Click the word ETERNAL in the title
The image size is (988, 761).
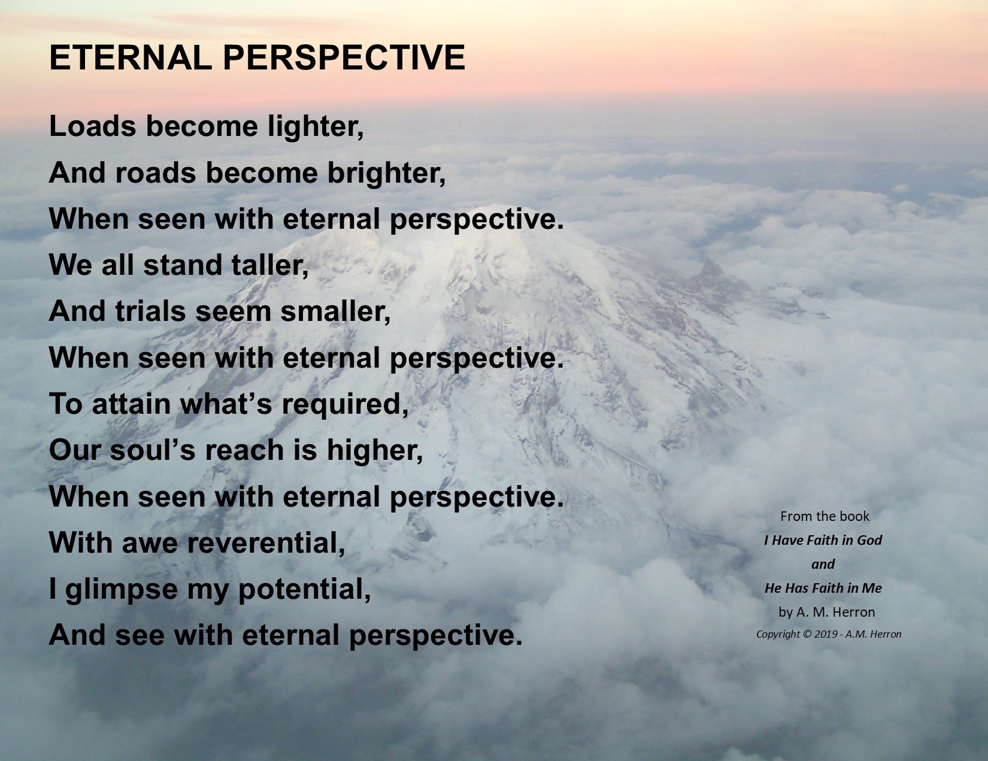[x=131, y=57]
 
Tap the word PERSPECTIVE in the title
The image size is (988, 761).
[x=344, y=57]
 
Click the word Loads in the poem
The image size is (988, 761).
[x=92, y=126]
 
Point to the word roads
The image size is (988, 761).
[x=156, y=173]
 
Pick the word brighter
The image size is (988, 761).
[x=386, y=174]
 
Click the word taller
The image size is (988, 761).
[x=270, y=265]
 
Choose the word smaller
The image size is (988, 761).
[x=335, y=312]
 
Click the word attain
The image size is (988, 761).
[x=131, y=404]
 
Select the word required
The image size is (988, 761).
[x=345, y=405]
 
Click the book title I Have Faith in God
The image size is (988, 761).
[x=823, y=540]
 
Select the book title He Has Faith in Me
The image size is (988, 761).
[x=823, y=588]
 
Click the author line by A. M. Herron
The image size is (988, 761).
[x=826, y=613]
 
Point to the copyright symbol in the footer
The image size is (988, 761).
[x=806, y=634]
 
